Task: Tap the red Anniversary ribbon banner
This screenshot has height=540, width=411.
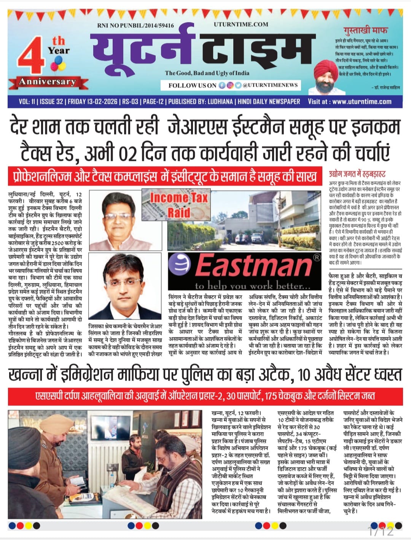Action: (x=48, y=82)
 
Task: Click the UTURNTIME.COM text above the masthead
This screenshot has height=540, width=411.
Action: (x=241, y=24)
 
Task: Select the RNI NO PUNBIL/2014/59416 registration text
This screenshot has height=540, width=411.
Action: (x=136, y=25)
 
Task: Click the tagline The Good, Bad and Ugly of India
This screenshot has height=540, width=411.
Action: (x=207, y=73)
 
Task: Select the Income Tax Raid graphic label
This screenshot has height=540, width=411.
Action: (x=178, y=204)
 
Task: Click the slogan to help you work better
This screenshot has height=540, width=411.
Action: (x=253, y=285)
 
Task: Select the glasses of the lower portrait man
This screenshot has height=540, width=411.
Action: (x=125, y=281)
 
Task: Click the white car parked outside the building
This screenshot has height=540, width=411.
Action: (x=243, y=239)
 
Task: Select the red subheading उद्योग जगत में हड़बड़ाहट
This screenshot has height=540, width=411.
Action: (x=357, y=174)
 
